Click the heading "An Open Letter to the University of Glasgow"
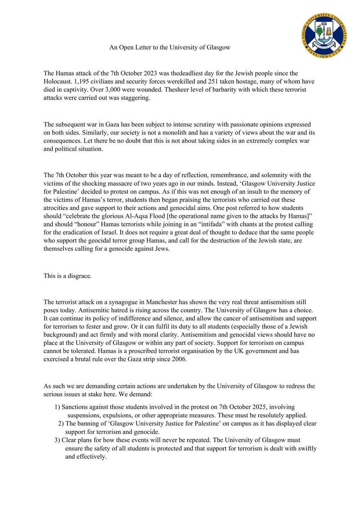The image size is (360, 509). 170,48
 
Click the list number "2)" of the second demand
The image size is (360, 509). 61,423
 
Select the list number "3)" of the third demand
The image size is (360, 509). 58,440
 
